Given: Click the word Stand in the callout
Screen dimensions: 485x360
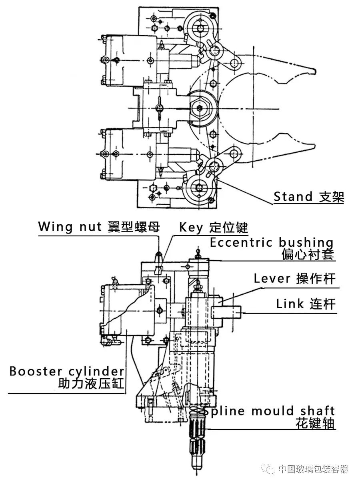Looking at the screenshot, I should [x=293, y=197].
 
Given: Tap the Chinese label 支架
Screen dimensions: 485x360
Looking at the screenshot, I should [x=332, y=197].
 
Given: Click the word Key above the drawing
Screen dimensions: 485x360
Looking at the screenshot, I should [x=191, y=228].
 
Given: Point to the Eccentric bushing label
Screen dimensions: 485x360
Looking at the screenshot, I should [x=272, y=242].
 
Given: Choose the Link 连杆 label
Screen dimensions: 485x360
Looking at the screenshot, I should [x=306, y=304].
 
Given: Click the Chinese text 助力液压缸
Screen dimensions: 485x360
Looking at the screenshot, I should [x=91, y=384].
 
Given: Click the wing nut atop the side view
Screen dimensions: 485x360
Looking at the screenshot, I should [x=158, y=254].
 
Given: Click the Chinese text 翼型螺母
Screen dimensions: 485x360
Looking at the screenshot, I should [x=134, y=227].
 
